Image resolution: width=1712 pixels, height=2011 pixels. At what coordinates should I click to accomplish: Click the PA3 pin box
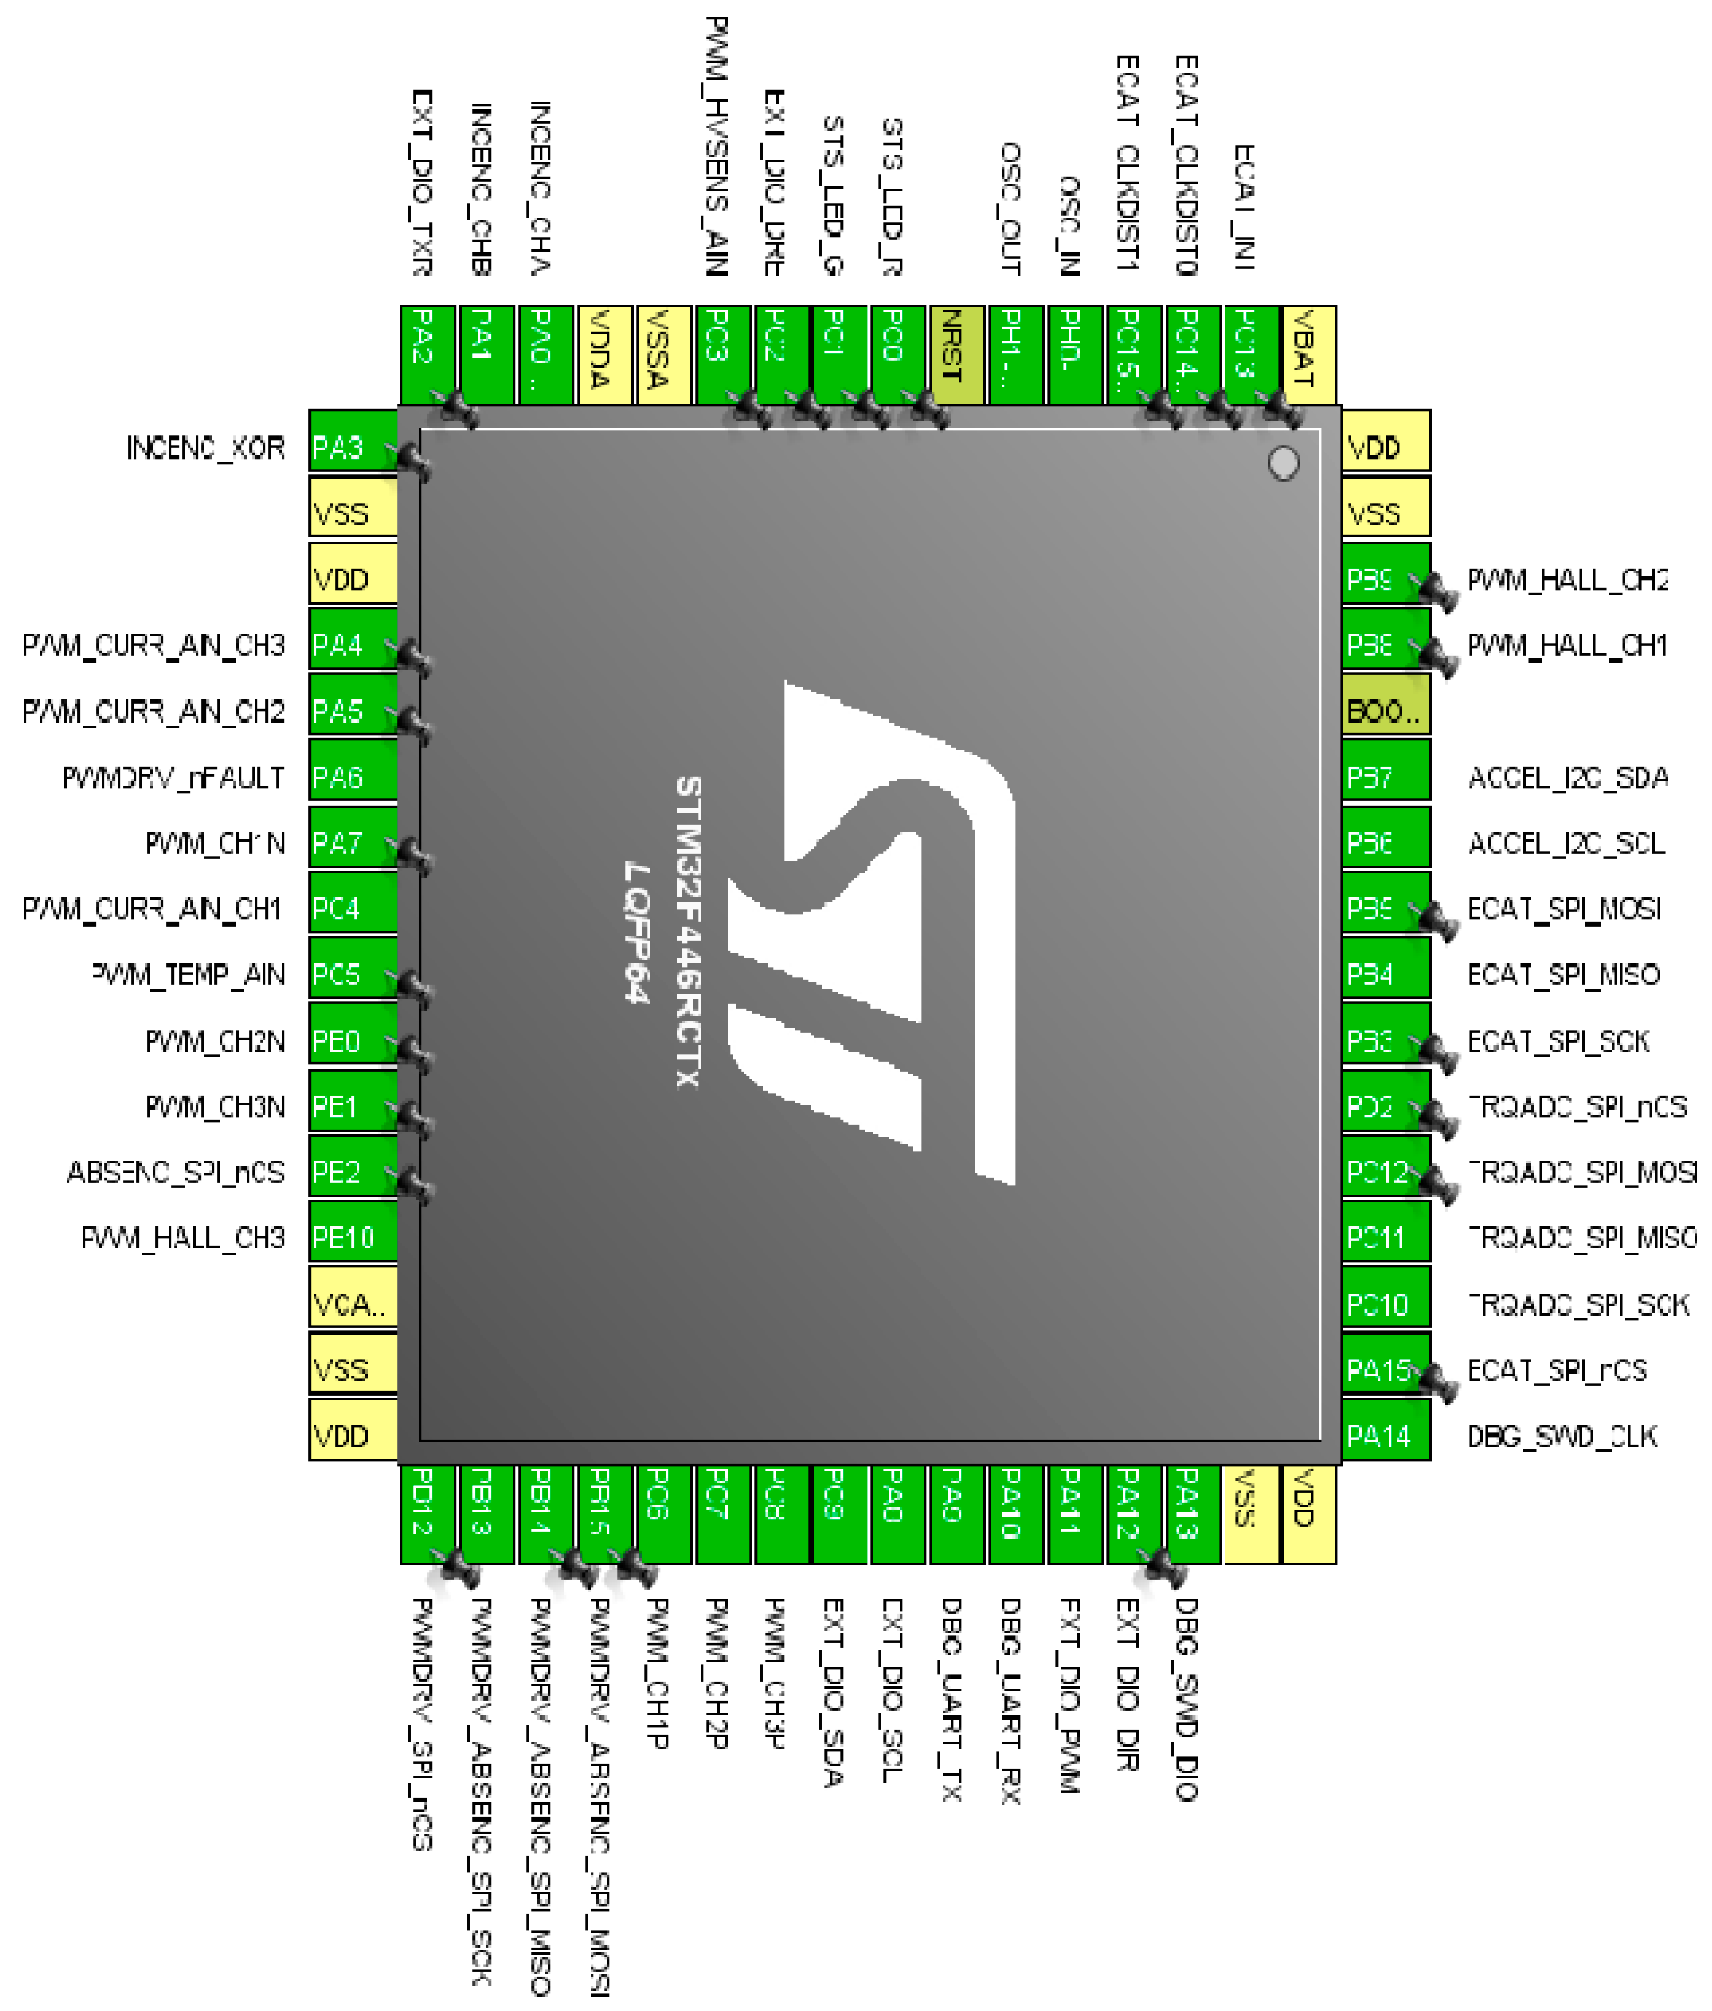tap(353, 448)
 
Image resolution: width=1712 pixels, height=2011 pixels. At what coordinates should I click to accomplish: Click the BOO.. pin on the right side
tap(1385, 712)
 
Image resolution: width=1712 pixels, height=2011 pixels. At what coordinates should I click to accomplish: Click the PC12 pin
tap(1385, 1173)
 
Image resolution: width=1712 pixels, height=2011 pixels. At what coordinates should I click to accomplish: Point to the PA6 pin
tap(353, 778)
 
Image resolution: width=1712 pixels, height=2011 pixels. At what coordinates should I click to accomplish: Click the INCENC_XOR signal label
tap(206, 448)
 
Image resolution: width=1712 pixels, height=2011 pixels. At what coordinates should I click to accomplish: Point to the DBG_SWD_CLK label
tap(1562, 1435)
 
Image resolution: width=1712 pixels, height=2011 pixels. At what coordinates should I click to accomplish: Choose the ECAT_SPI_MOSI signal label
tap(1564, 909)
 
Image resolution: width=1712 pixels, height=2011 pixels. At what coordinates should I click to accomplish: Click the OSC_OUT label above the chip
tap(1010, 209)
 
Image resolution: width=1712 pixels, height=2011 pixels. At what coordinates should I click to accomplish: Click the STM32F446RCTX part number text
tap(687, 932)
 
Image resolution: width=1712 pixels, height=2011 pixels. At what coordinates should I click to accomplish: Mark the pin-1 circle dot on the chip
tap(1283, 463)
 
